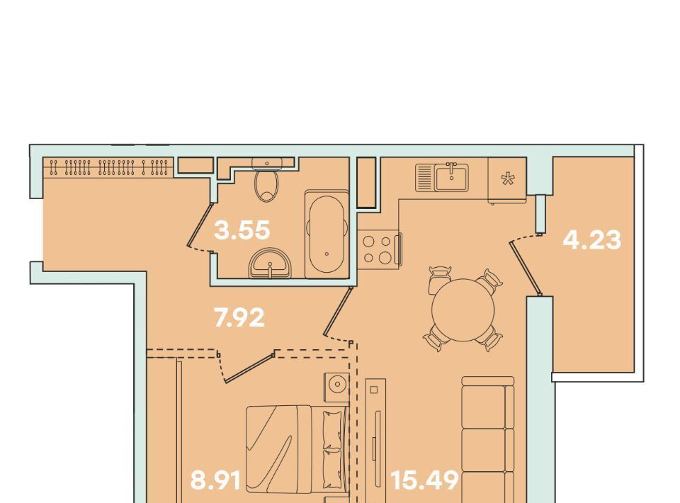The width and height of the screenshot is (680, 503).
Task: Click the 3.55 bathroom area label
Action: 242,230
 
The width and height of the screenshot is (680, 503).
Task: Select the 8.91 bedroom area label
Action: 215,480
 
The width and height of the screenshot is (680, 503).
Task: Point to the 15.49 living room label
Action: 424,480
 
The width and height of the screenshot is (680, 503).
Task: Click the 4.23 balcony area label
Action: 592,239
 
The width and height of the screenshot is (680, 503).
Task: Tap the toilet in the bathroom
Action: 267,181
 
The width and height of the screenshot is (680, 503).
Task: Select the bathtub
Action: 327,234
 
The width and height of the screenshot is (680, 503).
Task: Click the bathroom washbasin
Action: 270,263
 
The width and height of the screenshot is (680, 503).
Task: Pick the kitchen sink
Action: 442,177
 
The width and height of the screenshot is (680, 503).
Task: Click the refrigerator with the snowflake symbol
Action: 507,180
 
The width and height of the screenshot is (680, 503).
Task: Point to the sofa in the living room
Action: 488,438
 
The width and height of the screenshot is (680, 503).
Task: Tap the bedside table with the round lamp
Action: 336,384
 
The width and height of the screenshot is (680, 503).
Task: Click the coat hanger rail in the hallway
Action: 108,168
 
